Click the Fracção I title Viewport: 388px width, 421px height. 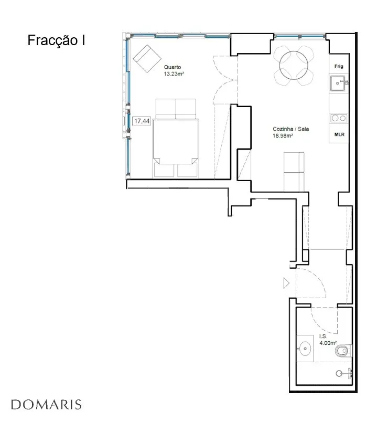tap(56, 40)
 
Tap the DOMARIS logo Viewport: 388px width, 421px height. tap(46, 405)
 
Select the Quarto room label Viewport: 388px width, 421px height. tap(173, 67)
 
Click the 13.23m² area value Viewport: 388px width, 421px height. tap(174, 74)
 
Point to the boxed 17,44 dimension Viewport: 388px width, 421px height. tap(142, 121)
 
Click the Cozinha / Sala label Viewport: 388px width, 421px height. tap(290, 129)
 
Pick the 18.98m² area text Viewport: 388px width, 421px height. tap(283, 135)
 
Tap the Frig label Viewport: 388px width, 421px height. tap(339, 66)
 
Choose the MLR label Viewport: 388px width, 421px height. tap(339, 134)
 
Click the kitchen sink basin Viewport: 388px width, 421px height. tap(338, 83)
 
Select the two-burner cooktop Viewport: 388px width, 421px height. tap(339, 118)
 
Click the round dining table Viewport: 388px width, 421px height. tap(294, 65)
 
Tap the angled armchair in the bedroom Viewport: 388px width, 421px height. tap(147, 59)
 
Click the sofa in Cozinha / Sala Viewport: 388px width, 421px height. tap(294, 172)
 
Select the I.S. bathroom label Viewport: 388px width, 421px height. tap(324, 336)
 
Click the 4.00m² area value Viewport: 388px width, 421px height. tap(328, 343)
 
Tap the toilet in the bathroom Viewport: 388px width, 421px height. tap(343, 351)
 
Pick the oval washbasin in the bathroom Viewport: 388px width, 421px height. tap(305, 349)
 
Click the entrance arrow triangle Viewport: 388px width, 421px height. tap(286, 283)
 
